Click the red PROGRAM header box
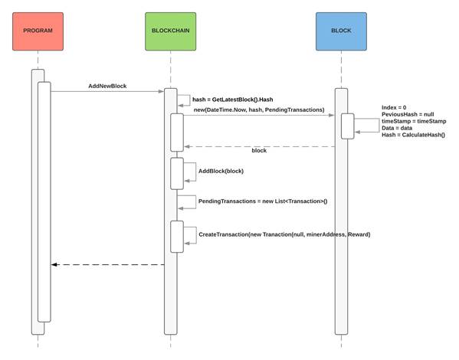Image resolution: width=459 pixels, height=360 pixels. (x=38, y=30)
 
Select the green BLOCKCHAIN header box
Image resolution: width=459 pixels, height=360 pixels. (x=170, y=30)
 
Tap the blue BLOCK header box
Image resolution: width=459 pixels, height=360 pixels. (x=341, y=30)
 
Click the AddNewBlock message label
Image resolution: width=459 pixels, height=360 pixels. (x=107, y=86)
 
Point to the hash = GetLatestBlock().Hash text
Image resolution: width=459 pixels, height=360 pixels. (x=232, y=100)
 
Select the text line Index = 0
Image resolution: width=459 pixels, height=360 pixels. (x=393, y=108)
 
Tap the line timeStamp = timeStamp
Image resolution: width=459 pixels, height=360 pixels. (x=413, y=121)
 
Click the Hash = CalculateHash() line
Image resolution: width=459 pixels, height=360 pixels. (x=412, y=135)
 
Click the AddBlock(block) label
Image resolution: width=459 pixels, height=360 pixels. (x=221, y=171)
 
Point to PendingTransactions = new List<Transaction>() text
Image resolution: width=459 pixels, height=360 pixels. (x=262, y=201)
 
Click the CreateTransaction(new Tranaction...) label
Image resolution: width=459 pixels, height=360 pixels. (x=284, y=234)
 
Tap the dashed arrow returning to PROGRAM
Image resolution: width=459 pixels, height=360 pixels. (x=107, y=265)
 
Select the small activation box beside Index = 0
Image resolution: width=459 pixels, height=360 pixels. (x=347, y=126)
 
